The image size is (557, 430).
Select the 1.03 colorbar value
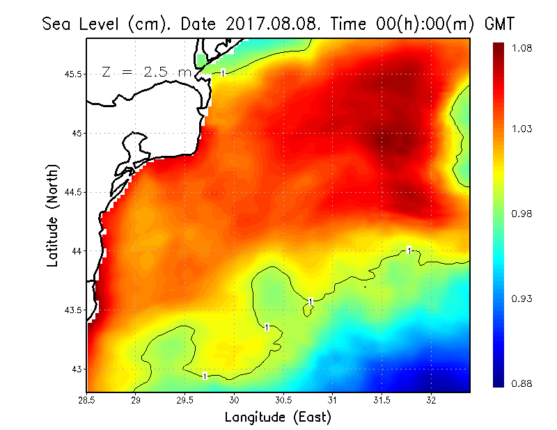click(521, 129)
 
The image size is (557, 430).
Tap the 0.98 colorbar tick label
click(521, 214)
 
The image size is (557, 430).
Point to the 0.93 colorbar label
click(521, 298)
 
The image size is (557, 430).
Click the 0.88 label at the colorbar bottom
click(521, 383)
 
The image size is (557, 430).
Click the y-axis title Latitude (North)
click(52, 215)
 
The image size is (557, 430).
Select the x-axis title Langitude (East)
click(278, 417)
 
